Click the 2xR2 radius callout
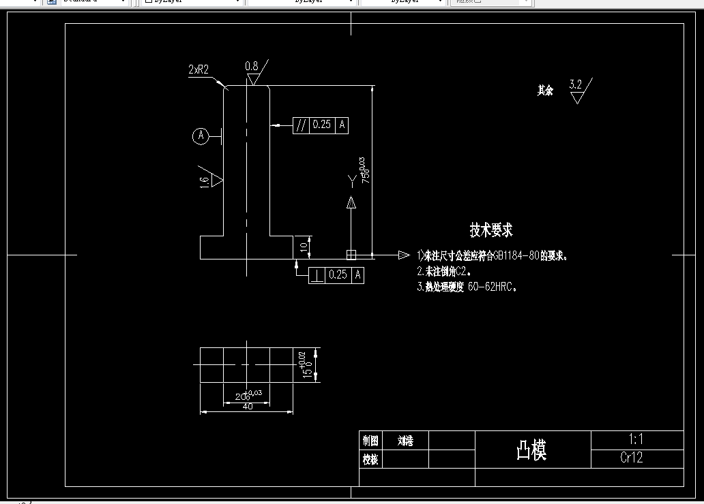(199, 69)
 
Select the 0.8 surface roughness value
(252, 66)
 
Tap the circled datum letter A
(201, 136)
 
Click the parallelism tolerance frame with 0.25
(321, 125)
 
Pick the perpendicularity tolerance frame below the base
(336, 275)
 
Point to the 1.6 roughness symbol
(204, 180)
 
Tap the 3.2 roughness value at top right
(575, 84)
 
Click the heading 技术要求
(491, 230)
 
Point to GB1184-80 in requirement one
(516, 256)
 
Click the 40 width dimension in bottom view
(247, 407)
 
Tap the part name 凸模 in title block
(531, 450)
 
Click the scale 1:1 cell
(636, 440)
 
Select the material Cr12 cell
(632, 458)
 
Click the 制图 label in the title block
(370, 441)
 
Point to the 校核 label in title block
(370, 460)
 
